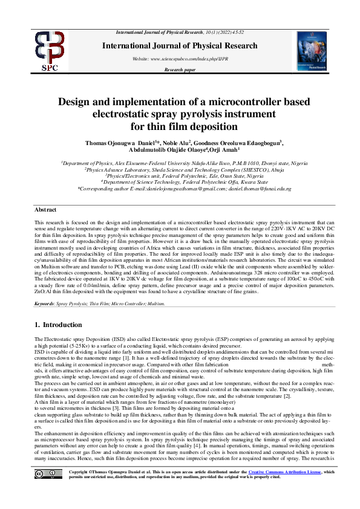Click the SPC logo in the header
50,51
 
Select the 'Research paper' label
180,70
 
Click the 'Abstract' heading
45,209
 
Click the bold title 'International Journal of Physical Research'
180,46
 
